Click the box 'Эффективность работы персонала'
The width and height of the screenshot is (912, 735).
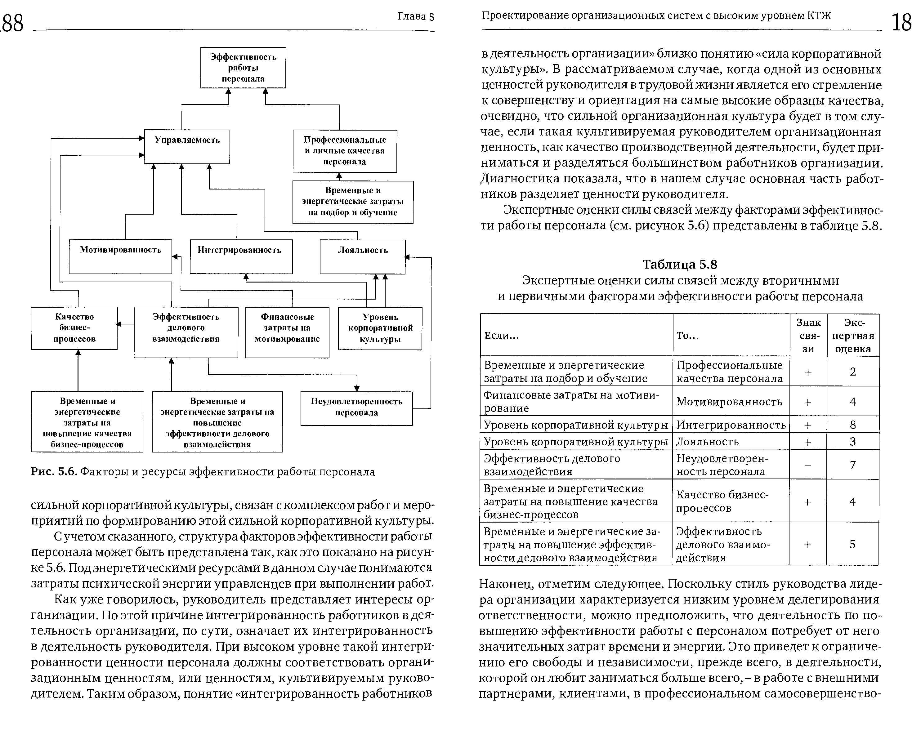(243, 68)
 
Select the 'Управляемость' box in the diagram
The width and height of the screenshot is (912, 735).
(187, 146)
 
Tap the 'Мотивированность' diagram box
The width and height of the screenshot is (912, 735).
(120, 256)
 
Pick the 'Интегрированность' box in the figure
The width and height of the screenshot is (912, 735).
(241, 256)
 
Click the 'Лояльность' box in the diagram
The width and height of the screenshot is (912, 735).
(362, 256)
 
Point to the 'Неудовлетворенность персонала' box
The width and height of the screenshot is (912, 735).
(356, 408)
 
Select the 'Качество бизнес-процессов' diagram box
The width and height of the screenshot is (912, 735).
(74, 328)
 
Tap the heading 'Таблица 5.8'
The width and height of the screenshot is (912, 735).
(680, 265)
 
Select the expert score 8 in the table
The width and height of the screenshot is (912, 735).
(853, 425)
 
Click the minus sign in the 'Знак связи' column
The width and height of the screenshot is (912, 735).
(808, 465)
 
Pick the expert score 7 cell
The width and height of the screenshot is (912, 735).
(853, 465)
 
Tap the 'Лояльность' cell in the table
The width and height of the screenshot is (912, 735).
(708, 442)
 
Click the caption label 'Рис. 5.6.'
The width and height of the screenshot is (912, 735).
(54, 472)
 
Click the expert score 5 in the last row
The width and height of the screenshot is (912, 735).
(852, 544)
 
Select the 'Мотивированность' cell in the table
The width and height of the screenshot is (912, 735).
(729, 401)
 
